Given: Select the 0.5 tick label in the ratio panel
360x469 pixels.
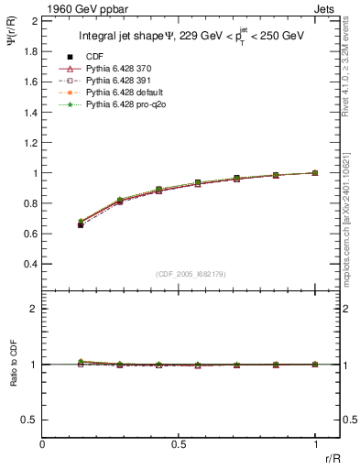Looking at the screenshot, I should pos(30,420).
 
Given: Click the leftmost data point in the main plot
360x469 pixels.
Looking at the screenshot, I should pos(81,224).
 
